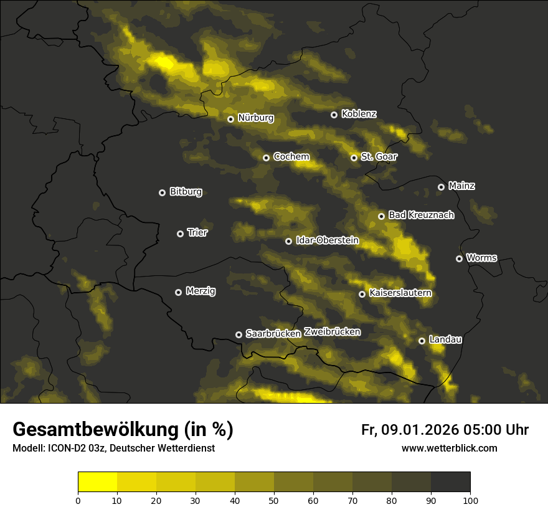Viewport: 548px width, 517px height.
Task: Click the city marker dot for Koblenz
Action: click(334, 115)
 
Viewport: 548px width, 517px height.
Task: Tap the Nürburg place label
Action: click(255, 118)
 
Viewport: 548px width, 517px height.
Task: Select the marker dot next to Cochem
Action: click(266, 158)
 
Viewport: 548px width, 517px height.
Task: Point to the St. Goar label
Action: click(379, 156)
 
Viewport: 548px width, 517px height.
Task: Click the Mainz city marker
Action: click(441, 187)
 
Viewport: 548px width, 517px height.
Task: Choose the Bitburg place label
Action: click(186, 192)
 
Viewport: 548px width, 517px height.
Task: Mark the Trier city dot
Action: click(181, 234)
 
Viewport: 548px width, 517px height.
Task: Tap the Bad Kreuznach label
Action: click(421, 215)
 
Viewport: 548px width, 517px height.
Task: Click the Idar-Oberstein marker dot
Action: click(288, 241)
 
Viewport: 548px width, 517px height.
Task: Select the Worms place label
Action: click(481, 257)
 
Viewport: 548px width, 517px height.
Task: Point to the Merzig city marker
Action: click(178, 292)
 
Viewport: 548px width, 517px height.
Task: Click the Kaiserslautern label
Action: click(400, 293)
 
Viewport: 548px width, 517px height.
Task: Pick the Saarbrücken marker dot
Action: click(239, 334)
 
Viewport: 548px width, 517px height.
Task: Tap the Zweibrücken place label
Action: click(333, 332)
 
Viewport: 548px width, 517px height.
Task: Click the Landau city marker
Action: click(422, 341)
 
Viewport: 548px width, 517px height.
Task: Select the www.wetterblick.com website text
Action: click(449, 448)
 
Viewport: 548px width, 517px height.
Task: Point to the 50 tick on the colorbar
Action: click(274, 500)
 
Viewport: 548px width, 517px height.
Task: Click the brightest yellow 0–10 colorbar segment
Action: click(98, 482)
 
